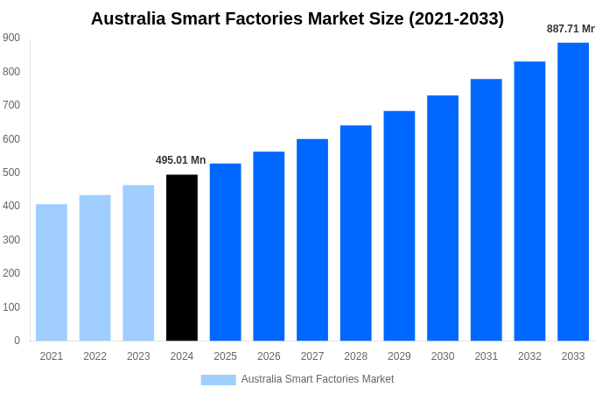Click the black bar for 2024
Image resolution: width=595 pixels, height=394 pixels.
(x=182, y=257)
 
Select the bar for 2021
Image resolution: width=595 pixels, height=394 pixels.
(x=52, y=272)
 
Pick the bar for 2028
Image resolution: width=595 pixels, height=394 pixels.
(x=356, y=233)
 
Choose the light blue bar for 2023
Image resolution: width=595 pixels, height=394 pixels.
(x=138, y=263)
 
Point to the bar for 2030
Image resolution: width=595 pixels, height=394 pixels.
(x=443, y=218)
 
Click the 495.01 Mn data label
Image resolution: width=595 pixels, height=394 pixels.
(x=181, y=160)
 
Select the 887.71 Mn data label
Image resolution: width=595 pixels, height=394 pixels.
(x=570, y=29)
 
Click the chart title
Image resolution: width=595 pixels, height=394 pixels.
(x=297, y=18)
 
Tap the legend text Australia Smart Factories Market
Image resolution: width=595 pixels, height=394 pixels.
(x=318, y=379)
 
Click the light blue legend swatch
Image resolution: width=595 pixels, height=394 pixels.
(x=218, y=380)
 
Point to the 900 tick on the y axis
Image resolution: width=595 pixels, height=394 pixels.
(x=11, y=38)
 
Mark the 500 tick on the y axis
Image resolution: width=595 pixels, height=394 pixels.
(x=11, y=172)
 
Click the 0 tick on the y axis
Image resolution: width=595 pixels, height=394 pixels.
(x=17, y=341)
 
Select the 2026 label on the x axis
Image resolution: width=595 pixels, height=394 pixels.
(x=269, y=356)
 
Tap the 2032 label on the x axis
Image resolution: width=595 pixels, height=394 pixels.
(x=529, y=356)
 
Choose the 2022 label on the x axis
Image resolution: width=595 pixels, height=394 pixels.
(x=94, y=356)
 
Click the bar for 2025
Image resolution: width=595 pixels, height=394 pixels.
(x=226, y=252)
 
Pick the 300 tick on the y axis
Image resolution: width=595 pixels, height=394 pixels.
(x=11, y=240)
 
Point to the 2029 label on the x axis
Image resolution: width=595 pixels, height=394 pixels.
(x=399, y=356)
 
